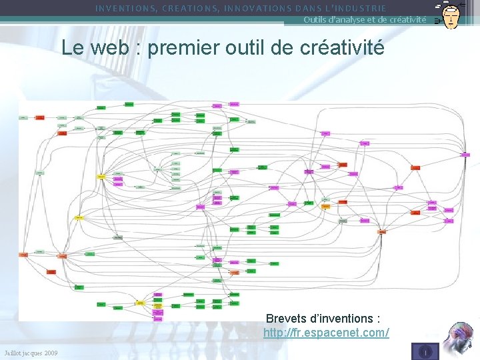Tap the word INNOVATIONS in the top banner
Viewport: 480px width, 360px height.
(x=257, y=9)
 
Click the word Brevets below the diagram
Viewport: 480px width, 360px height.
(x=288, y=318)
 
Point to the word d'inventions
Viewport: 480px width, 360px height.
(x=345, y=318)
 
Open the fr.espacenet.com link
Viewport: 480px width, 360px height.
(x=326, y=332)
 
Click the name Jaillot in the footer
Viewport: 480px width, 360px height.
(x=13, y=352)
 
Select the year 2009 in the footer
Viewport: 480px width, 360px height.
(x=50, y=352)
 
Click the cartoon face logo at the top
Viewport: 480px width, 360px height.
(x=450, y=14)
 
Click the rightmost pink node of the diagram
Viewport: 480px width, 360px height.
(x=465, y=154)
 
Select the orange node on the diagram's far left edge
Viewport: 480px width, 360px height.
(x=23, y=255)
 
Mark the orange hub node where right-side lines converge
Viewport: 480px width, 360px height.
(x=382, y=232)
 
